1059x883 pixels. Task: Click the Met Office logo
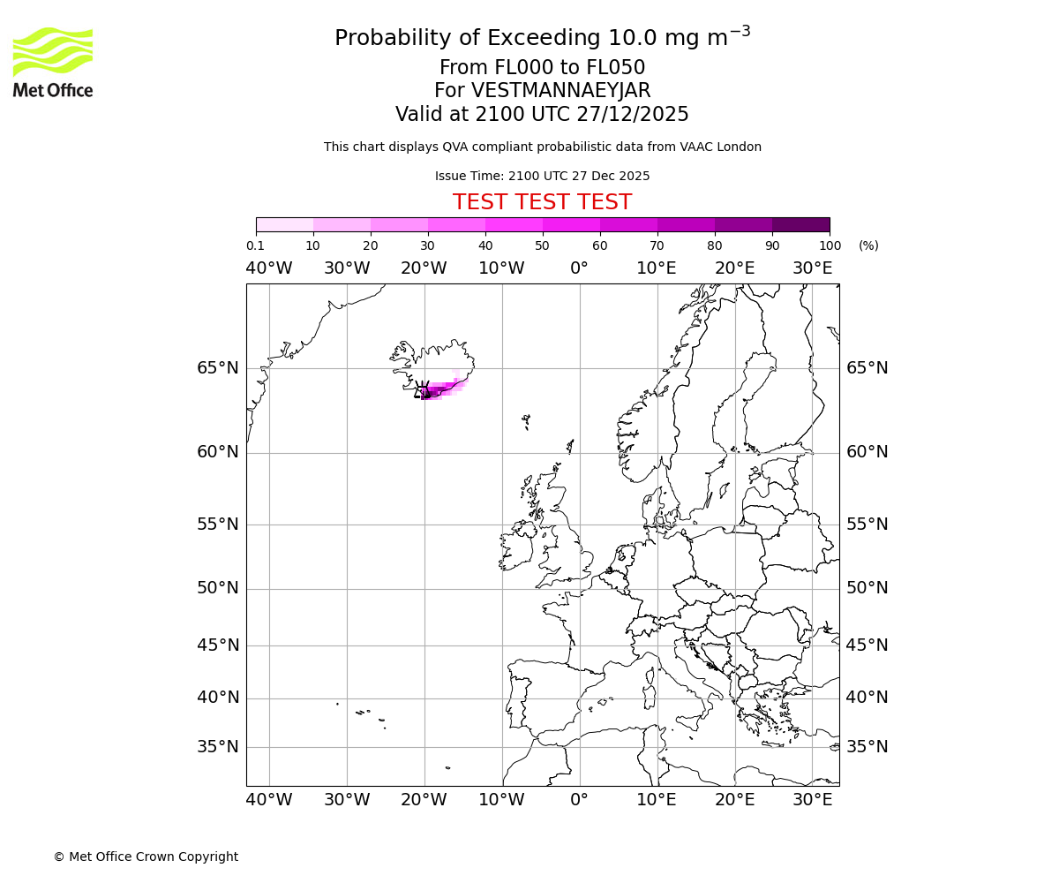point(53,62)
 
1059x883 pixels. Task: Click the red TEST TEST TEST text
point(542,203)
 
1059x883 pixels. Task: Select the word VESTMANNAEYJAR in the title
point(560,91)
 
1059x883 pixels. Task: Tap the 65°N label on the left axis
point(217,368)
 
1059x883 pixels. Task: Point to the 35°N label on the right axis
point(867,747)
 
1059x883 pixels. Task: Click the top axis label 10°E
point(657,268)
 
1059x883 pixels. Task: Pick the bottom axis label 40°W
point(268,800)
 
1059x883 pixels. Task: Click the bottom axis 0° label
point(579,800)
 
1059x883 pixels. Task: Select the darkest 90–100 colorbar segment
point(800,224)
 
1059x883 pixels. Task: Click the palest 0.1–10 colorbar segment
point(284,224)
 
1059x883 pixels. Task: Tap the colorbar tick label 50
point(542,245)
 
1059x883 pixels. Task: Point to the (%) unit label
point(868,245)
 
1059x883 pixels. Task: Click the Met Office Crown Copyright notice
point(146,857)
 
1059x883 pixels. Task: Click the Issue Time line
point(542,176)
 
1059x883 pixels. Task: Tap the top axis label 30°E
point(812,268)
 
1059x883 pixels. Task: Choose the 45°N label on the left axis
point(217,645)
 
